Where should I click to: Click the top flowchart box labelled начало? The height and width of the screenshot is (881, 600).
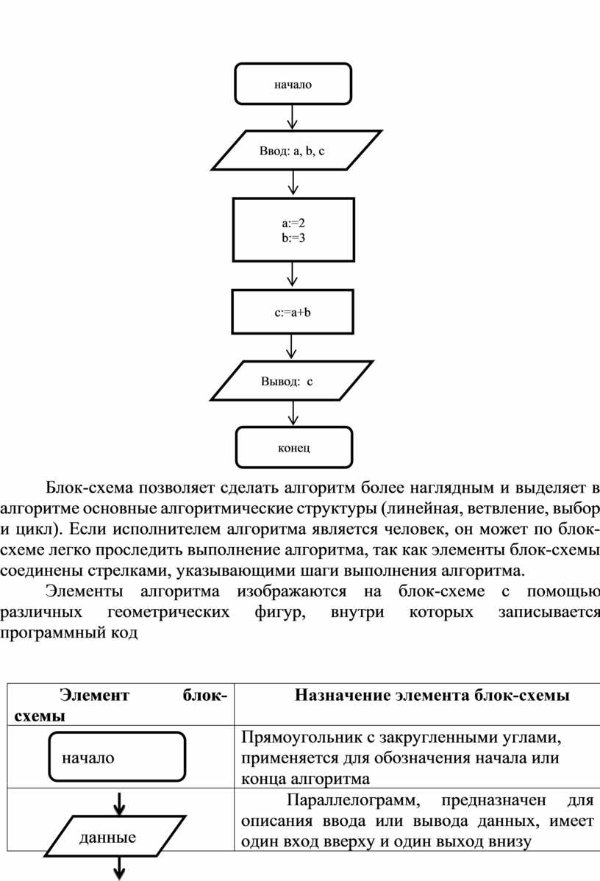(x=293, y=84)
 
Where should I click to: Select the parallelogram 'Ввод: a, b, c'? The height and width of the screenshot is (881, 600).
(x=296, y=150)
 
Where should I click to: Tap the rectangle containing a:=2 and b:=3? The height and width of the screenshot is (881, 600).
(x=293, y=229)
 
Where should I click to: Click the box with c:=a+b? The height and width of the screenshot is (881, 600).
(x=292, y=312)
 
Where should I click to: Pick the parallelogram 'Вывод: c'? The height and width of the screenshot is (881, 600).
(x=292, y=380)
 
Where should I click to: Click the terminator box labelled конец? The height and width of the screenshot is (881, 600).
(x=294, y=447)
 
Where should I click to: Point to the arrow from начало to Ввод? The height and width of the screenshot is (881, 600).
(x=292, y=117)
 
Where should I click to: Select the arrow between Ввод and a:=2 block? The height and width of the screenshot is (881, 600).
(x=293, y=183)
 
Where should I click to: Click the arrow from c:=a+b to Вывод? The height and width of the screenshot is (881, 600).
(x=291, y=347)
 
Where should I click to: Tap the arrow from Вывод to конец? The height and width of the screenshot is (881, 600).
(x=293, y=413)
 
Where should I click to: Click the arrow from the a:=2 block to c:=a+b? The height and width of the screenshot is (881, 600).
(x=292, y=275)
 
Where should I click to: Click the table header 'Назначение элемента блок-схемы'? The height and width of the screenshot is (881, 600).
(x=432, y=695)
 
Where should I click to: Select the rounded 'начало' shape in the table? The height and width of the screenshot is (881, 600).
(x=117, y=756)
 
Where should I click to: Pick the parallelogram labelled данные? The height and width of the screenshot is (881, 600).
(x=115, y=835)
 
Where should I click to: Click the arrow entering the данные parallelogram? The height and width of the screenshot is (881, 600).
(x=119, y=804)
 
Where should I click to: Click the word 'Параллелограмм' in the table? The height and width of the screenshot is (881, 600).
(x=353, y=799)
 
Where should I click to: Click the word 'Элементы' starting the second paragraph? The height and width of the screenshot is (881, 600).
(x=85, y=591)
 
